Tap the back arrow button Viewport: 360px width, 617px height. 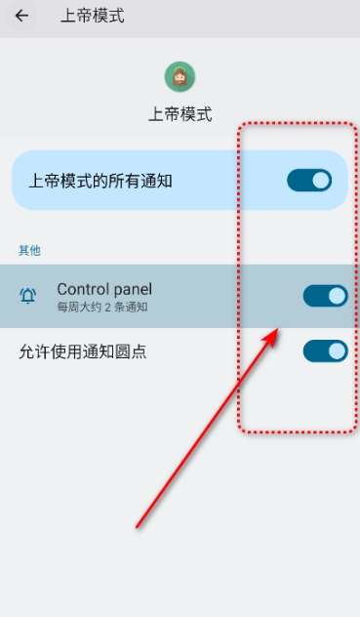(x=21, y=16)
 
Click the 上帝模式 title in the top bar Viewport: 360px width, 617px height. (x=93, y=17)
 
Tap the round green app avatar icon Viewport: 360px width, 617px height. (x=180, y=77)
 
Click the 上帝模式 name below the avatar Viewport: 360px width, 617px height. (x=180, y=114)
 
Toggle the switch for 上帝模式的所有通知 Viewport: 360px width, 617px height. (x=309, y=181)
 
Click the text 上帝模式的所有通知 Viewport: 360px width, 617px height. (x=100, y=181)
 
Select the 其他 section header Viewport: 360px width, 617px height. (x=29, y=250)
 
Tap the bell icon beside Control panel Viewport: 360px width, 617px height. (x=28, y=296)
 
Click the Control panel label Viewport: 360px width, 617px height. (x=104, y=289)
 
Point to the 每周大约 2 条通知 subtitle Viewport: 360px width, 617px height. (x=102, y=307)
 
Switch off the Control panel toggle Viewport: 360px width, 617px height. (x=326, y=296)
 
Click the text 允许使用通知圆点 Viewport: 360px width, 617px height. (x=83, y=351)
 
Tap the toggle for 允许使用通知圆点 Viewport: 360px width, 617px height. (x=326, y=351)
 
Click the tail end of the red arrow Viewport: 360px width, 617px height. (x=137, y=526)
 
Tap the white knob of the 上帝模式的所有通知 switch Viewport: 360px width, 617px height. (x=321, y=181)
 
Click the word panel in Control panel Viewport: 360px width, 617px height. (x=133, y=290)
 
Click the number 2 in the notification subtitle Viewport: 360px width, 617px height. (x=107, y=308)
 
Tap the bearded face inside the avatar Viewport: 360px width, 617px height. (x=180, y=77)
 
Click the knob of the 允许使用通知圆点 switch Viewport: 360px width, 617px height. (x=337, y=351)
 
